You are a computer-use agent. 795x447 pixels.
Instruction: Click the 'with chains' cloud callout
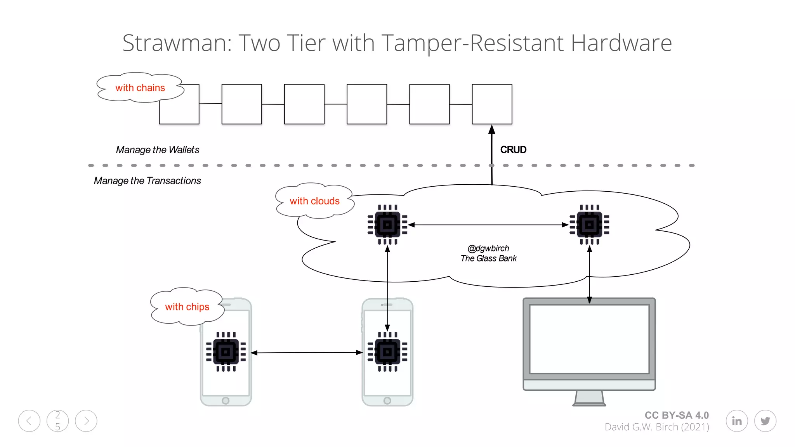(140, 88)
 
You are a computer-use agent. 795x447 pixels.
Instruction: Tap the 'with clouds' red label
(314, 201)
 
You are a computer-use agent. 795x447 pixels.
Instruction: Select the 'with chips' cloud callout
(187, 307)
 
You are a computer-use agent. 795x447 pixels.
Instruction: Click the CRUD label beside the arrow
(513, 150)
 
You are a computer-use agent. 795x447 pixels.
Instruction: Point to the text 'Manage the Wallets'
(157, 150)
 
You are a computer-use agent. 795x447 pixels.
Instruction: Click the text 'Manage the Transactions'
(147, 181)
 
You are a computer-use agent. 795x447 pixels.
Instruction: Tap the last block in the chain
(492, 104)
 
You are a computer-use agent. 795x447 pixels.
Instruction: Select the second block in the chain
(241, 104)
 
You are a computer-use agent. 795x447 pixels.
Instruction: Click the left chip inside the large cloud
(387, 225)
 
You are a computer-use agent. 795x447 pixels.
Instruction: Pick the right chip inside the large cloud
(589, 225)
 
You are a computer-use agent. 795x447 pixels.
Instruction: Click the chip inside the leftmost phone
(226, 352)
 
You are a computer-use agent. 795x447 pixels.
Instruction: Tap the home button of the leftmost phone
(226, 400)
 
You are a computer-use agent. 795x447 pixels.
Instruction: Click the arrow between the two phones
(307, 353)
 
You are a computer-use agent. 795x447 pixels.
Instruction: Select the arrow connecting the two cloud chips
(488, 225)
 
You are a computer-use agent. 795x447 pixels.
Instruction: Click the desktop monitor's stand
(589, 398)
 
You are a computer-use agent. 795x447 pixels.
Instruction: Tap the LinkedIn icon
(736, 421)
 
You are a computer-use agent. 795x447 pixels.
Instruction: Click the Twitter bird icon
(765, 421)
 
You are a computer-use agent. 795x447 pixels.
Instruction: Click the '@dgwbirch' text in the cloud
(488, 248)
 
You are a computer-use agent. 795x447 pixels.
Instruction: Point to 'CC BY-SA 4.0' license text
(677, 415)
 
